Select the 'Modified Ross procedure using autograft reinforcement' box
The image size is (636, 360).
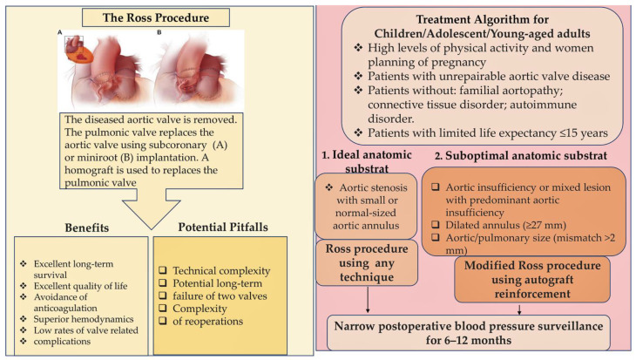(x=517, y=278)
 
